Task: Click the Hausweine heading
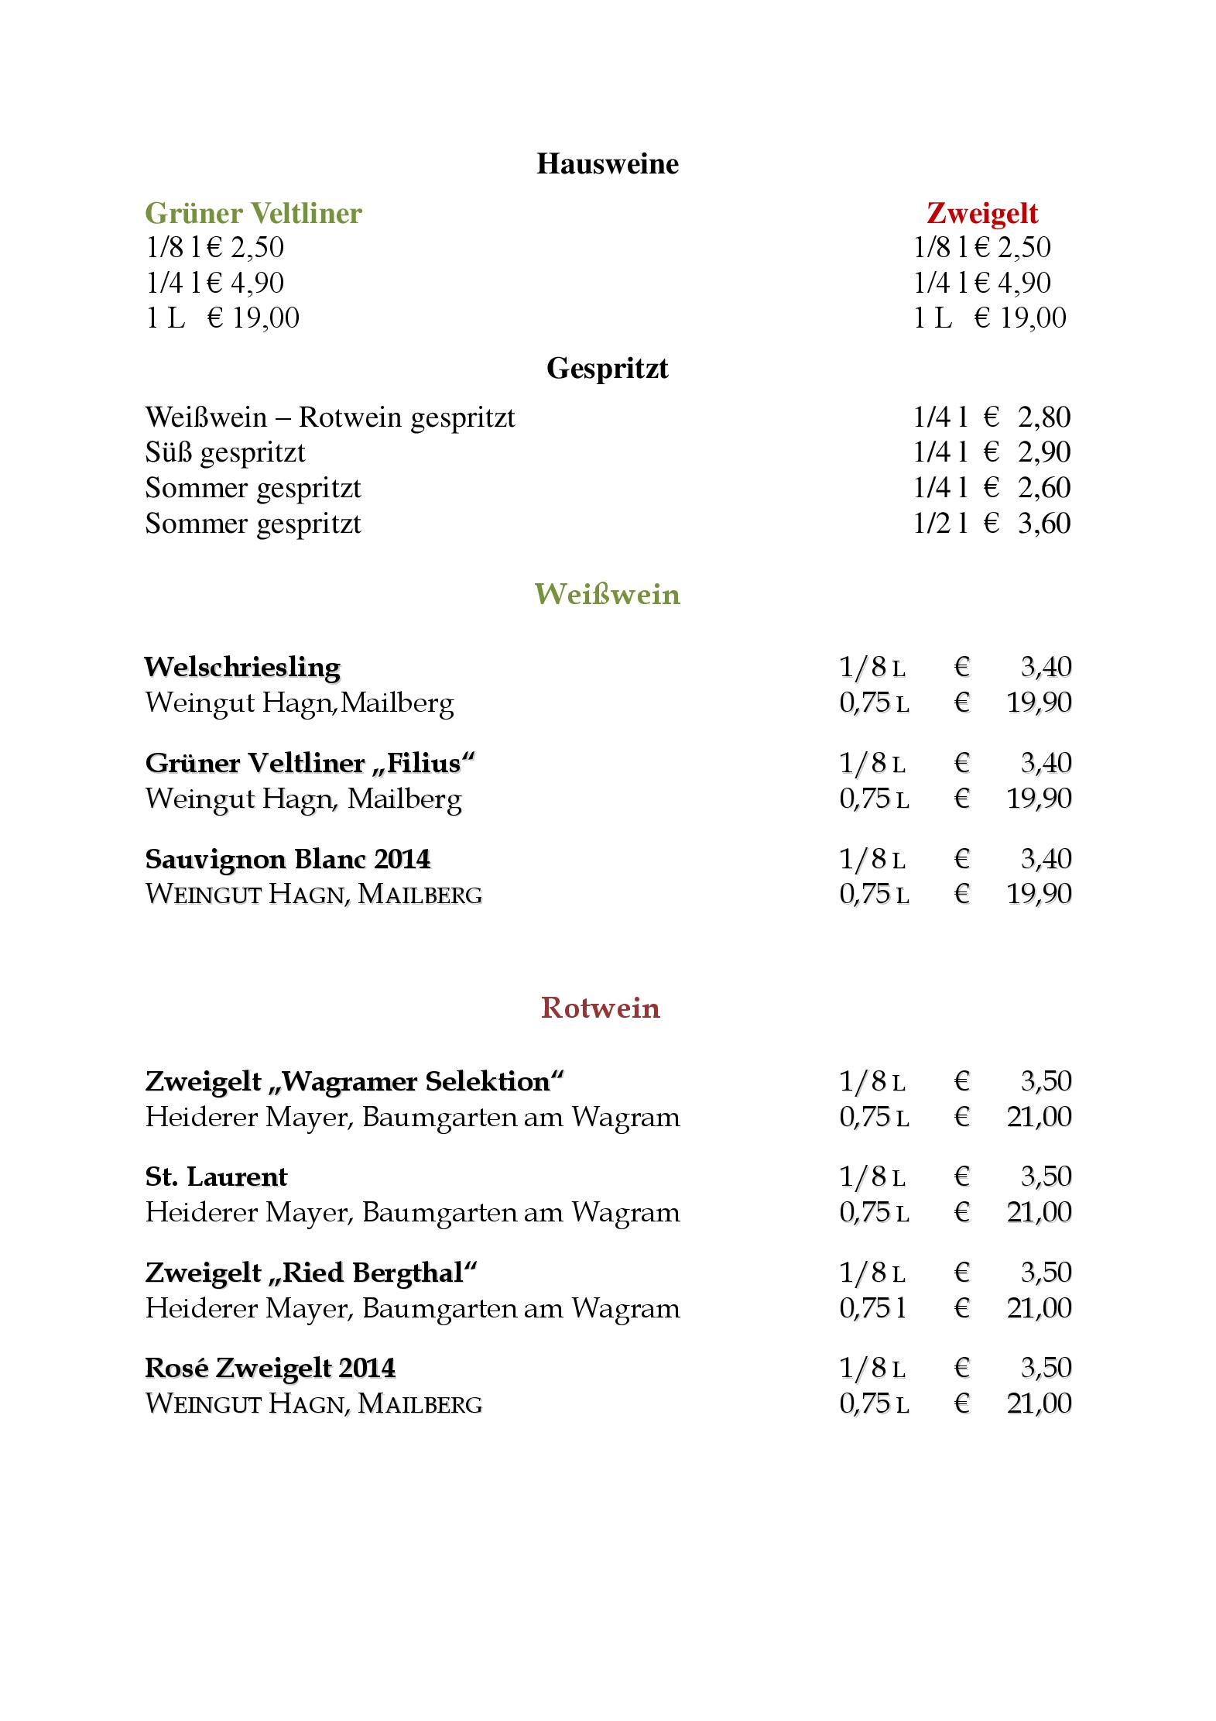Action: coord(607,164)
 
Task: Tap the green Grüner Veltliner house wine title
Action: coord(253,213)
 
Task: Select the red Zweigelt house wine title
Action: coord(981,213)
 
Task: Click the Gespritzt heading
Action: coord(607,368)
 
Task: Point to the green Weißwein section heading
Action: coord(607,594)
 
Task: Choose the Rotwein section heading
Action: coord(601,1008)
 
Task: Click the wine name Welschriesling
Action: coord(242,667)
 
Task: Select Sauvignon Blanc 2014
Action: coord(287,859)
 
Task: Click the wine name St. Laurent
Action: coord(216,1177)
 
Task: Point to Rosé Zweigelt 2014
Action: coord(270,1368)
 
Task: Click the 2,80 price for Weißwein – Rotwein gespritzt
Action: coord(1044,417)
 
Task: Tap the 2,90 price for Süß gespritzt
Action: coord(1044,452)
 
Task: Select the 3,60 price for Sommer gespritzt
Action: coord(1044,524)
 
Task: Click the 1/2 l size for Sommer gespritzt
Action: coord(940,524)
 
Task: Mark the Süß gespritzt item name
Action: coord(225,452)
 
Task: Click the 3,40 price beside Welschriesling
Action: coord(1046,667)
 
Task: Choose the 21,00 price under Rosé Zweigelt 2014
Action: coord(1039,1403)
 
